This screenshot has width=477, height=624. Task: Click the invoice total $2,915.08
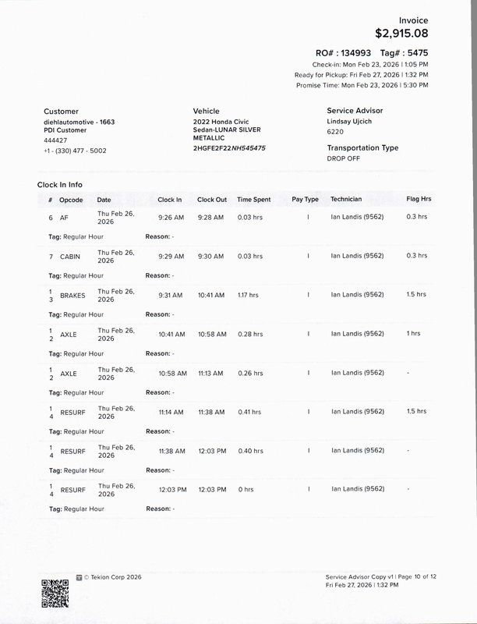point(401,33)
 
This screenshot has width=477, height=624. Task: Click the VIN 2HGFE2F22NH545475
point(229,147)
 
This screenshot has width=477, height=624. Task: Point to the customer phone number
point(75,151)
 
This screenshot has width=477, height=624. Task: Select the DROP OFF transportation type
point(344,158)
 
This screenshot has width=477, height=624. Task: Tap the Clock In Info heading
point(60,185)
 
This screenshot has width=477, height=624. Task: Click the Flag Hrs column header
point(419,200)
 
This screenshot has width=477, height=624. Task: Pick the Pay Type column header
point(305,200)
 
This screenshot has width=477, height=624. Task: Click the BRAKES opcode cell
point(72,296)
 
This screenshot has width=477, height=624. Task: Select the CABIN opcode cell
point(70,257)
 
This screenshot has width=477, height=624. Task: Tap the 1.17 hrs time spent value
point(248,296)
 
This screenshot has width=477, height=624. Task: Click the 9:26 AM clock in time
point(170,218)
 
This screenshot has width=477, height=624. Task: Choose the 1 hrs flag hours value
point(413,334)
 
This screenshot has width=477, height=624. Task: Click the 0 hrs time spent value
point(246,489)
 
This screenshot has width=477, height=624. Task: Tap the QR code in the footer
point(55,593)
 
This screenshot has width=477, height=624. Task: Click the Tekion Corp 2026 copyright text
point(108,578)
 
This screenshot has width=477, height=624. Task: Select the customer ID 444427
point(55,140)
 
